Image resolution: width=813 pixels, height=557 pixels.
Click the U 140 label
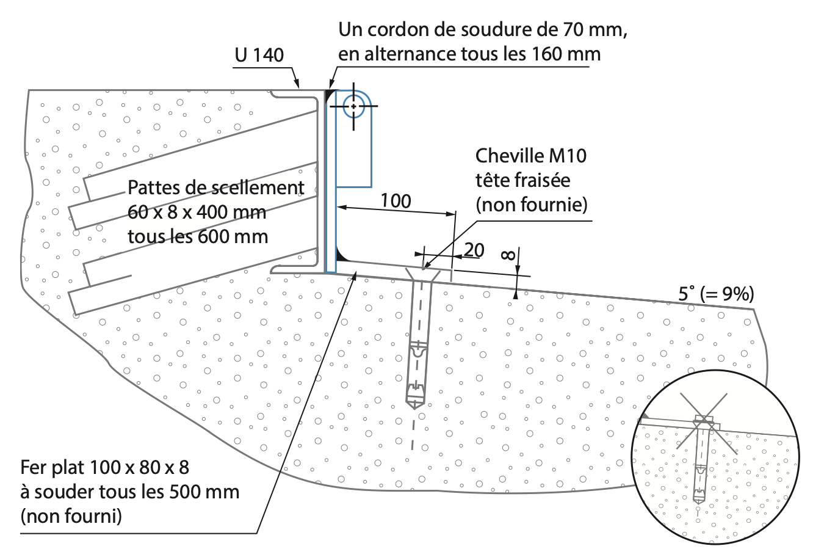[259, 55]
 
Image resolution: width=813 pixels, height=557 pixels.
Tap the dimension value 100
[396, 201]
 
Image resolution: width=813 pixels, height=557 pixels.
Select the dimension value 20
[474, 250]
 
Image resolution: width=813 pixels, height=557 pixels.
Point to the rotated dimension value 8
[508, 256]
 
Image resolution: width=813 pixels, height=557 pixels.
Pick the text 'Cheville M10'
[531, 156]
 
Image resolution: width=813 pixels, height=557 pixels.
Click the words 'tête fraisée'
[523, 180]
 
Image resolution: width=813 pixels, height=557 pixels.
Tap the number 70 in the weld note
[573, 30]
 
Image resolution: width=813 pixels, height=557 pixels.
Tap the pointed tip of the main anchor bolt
[414, 408]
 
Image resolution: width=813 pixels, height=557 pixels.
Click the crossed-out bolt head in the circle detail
[704, 421]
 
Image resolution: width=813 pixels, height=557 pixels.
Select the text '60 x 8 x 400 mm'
[197, 212]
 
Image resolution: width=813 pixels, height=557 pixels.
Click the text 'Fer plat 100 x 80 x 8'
[105, 467]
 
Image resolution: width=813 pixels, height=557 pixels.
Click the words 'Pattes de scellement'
[216, 187]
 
